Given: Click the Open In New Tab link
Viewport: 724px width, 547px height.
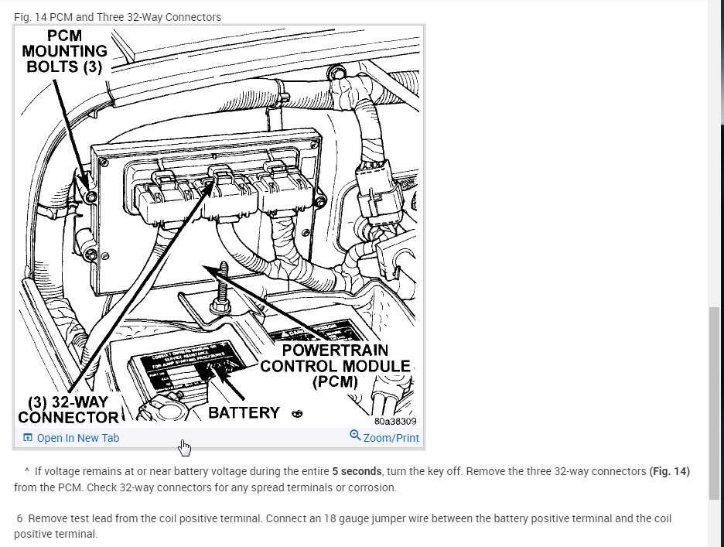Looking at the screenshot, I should coord(77,438).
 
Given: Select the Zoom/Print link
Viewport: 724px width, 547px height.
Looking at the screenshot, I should coord(391,438).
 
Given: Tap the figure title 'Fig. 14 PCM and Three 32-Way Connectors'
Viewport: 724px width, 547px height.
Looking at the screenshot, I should coord(118,17).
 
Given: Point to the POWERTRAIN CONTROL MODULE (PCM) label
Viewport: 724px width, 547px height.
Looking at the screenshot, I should coord(335,366).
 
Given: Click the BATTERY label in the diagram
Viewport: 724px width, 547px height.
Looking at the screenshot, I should coord(244,412).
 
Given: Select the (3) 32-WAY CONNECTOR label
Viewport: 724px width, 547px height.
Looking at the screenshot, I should coord(68,410).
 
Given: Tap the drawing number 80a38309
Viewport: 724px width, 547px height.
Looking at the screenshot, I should coord(394,422).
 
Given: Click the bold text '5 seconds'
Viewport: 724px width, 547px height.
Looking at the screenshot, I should coord(357,471).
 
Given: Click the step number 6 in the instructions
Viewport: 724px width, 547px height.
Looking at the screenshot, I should coord(19,518).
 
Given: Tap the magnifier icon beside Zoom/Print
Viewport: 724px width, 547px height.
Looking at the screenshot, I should coord(355,436).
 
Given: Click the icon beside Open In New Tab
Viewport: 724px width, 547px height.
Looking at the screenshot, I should coord(28,438).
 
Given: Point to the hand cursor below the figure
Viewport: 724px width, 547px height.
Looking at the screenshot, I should coord(184,447).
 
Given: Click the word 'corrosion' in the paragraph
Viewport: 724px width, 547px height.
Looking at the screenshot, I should coord(371,487).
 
